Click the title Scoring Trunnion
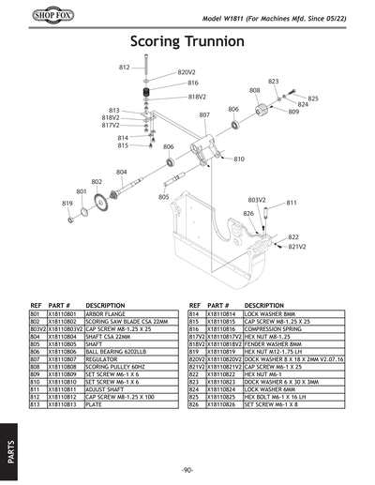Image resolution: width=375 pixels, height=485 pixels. (x=187, y=43)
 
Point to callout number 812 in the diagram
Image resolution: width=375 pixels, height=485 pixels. (x=124, y=68)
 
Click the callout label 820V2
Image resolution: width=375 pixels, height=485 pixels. (x=186, y=72)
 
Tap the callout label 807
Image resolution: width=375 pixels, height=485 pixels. (x=203, y=114)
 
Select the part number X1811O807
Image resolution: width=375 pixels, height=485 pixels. (x=47, y=358)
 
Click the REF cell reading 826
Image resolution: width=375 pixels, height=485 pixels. (x=194, y=403)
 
